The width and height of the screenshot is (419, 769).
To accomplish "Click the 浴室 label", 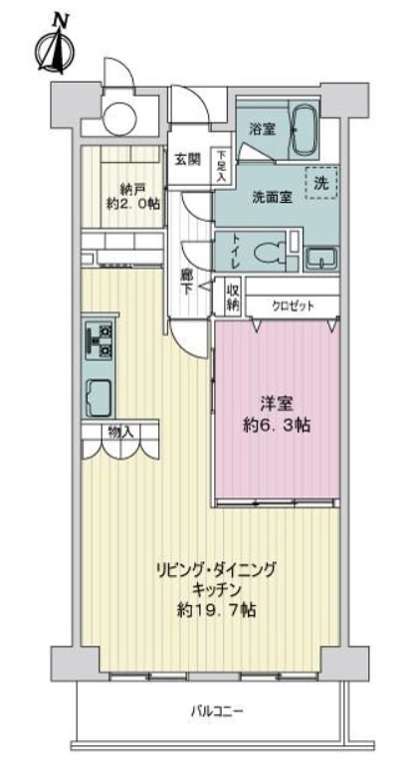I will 261,128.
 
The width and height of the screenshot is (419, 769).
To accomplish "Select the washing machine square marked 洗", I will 320,183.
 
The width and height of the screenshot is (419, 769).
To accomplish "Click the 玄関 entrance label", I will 186,158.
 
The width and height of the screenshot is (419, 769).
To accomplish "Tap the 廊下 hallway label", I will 186,282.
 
